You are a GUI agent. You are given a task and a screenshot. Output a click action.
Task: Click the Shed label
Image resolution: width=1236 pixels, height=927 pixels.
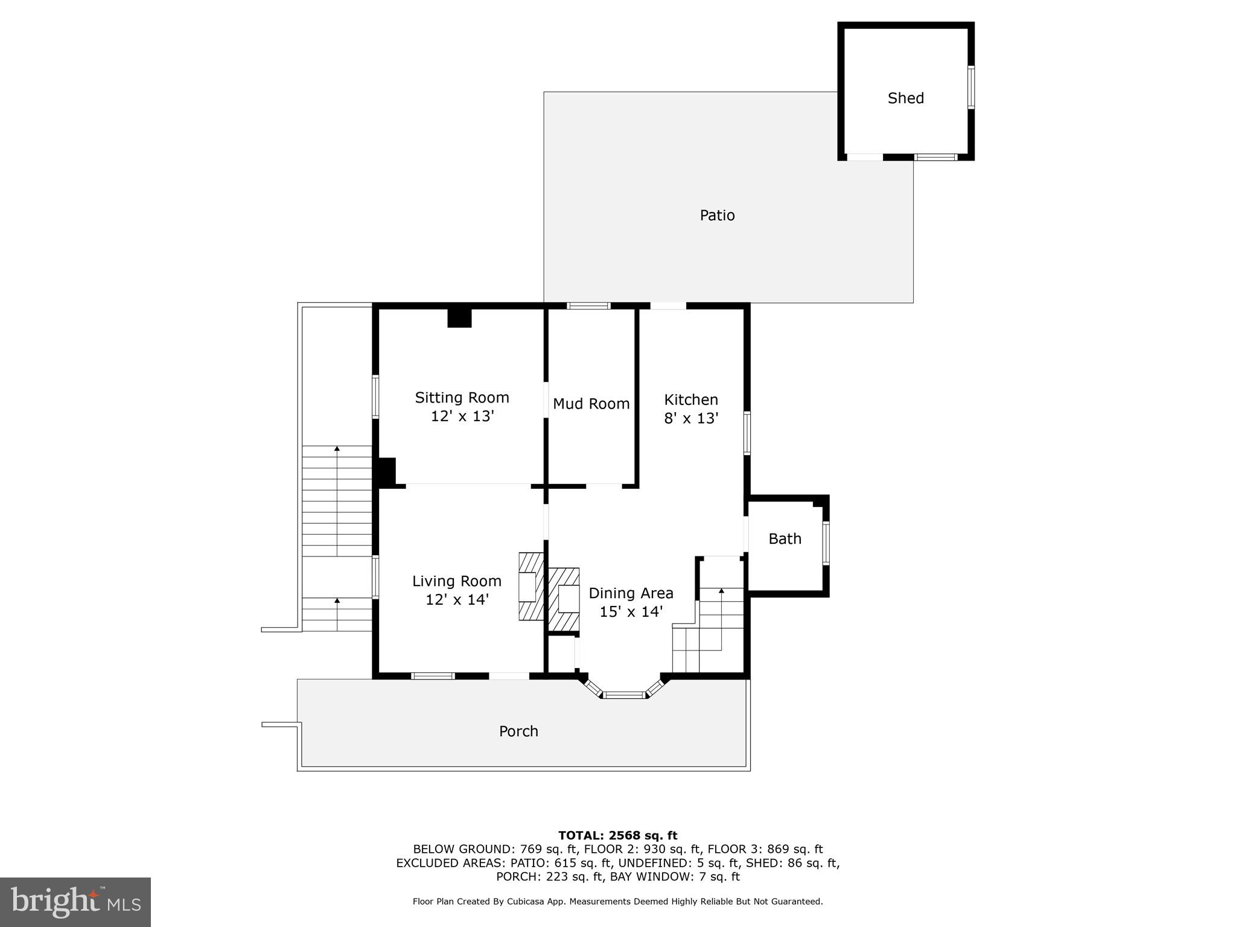tap(905, 98)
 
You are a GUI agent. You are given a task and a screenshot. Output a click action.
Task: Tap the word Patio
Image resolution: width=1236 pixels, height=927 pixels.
tap(717, 215)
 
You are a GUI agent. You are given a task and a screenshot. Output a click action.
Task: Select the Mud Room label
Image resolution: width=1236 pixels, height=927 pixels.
tap(591, 404)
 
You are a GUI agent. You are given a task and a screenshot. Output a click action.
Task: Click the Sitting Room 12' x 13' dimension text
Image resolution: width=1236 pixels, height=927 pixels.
tap(462, 416)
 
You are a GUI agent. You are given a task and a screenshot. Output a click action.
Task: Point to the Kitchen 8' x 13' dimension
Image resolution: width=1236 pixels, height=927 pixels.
tap(691, 418)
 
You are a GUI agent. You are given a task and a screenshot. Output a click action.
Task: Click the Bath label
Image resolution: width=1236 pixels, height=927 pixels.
tap(785, 538)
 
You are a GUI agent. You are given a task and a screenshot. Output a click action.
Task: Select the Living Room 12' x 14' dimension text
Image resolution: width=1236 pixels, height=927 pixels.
tap(457, 599)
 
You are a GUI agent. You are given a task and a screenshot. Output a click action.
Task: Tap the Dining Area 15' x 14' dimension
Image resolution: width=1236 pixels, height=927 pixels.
tap(631, 611)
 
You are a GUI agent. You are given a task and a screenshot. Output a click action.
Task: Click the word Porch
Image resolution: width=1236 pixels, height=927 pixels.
tap(518, 731)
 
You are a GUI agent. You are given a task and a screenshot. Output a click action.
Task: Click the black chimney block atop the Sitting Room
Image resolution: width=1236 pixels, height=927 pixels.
tap(459, 318)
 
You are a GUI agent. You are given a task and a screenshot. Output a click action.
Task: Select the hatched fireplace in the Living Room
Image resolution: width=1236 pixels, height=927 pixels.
tap(530, 586)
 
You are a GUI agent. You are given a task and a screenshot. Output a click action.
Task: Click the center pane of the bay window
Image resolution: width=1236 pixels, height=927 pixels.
tap(625, 695)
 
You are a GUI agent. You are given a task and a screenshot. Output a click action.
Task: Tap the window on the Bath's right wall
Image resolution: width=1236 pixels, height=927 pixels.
tap(826, 543)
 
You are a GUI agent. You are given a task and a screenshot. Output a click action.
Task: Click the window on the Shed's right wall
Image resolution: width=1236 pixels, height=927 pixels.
tap(970, 88)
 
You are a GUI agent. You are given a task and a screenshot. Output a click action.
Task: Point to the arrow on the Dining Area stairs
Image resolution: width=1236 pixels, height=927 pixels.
tap(721, 592)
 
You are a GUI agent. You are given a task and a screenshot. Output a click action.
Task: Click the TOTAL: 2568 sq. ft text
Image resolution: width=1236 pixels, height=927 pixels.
tap(617, 835)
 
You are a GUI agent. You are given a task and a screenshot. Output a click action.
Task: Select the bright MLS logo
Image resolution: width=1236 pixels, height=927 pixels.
tap(75, 902)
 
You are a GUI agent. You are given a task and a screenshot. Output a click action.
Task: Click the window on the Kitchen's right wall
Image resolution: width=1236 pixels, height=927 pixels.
tap(747, 432)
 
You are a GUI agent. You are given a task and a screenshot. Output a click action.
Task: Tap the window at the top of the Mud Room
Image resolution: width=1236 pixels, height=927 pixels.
tap(589, 306)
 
